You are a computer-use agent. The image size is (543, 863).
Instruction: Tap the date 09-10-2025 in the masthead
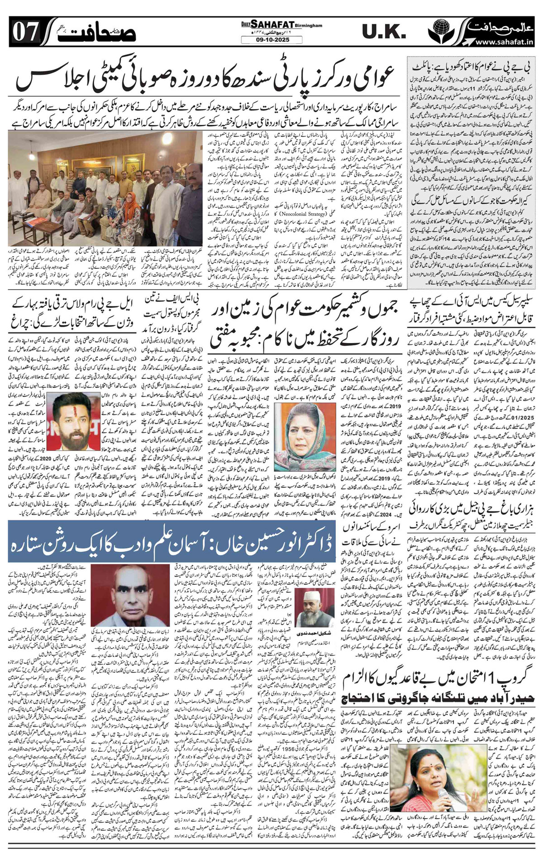271,40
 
